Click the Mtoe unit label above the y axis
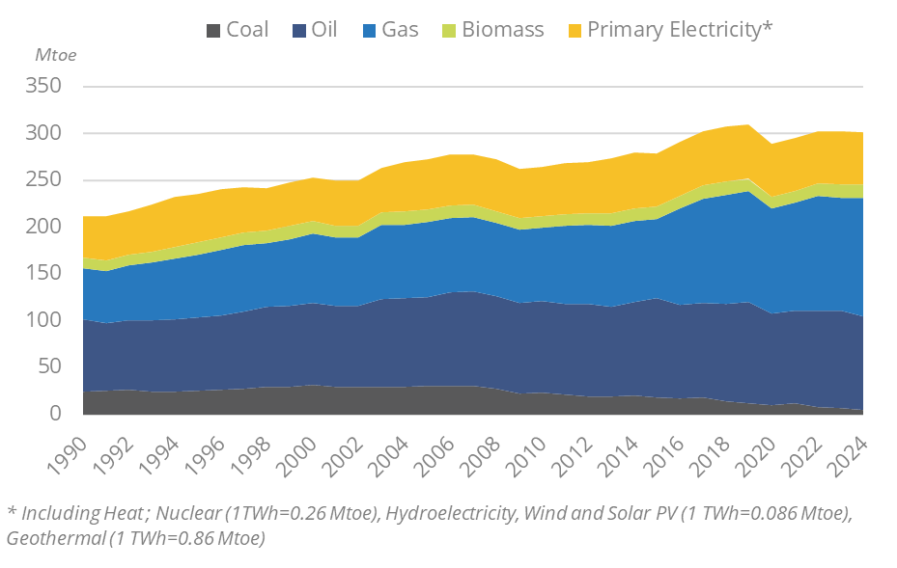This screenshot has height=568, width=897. pos(55,54)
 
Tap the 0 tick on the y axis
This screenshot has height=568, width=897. pos(56,414)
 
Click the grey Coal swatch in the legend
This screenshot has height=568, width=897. pos(214,30)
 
